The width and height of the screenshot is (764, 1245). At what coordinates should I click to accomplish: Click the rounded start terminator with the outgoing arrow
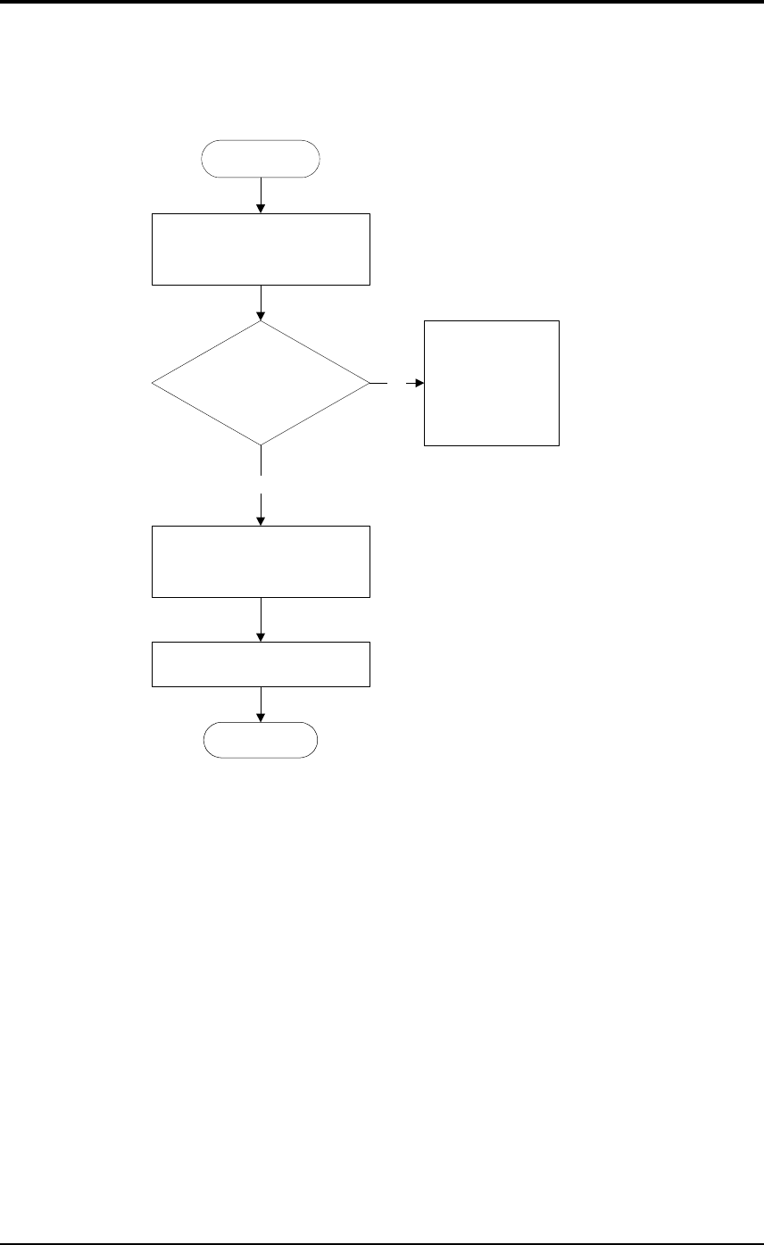261,159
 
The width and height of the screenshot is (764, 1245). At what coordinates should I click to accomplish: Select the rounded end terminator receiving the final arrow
261,740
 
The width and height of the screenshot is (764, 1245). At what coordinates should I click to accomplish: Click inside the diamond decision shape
261,384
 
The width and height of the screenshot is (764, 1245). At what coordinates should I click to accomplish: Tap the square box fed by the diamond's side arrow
492,383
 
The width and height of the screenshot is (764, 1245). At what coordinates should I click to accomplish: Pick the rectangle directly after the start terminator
261,249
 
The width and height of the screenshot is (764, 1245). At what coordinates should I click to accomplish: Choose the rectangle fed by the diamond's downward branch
261,561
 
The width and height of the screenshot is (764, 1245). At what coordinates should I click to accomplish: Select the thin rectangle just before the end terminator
261,664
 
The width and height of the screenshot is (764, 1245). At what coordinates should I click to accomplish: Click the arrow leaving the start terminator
261,195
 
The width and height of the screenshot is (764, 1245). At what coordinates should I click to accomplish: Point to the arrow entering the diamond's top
261,303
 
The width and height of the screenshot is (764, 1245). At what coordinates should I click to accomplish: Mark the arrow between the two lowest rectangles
261,619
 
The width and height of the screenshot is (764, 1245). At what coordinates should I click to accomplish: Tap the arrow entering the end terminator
261,705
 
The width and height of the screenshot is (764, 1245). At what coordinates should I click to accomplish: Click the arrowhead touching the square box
419,384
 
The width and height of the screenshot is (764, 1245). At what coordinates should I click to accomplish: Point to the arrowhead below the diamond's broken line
261,520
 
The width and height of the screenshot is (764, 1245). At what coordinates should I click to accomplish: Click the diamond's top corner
261,322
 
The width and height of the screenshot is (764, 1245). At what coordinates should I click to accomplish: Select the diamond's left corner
154,384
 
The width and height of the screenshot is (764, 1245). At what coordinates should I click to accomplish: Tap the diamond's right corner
368,384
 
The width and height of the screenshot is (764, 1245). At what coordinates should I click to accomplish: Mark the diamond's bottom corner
261,444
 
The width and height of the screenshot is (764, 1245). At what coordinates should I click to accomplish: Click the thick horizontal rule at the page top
382,3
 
